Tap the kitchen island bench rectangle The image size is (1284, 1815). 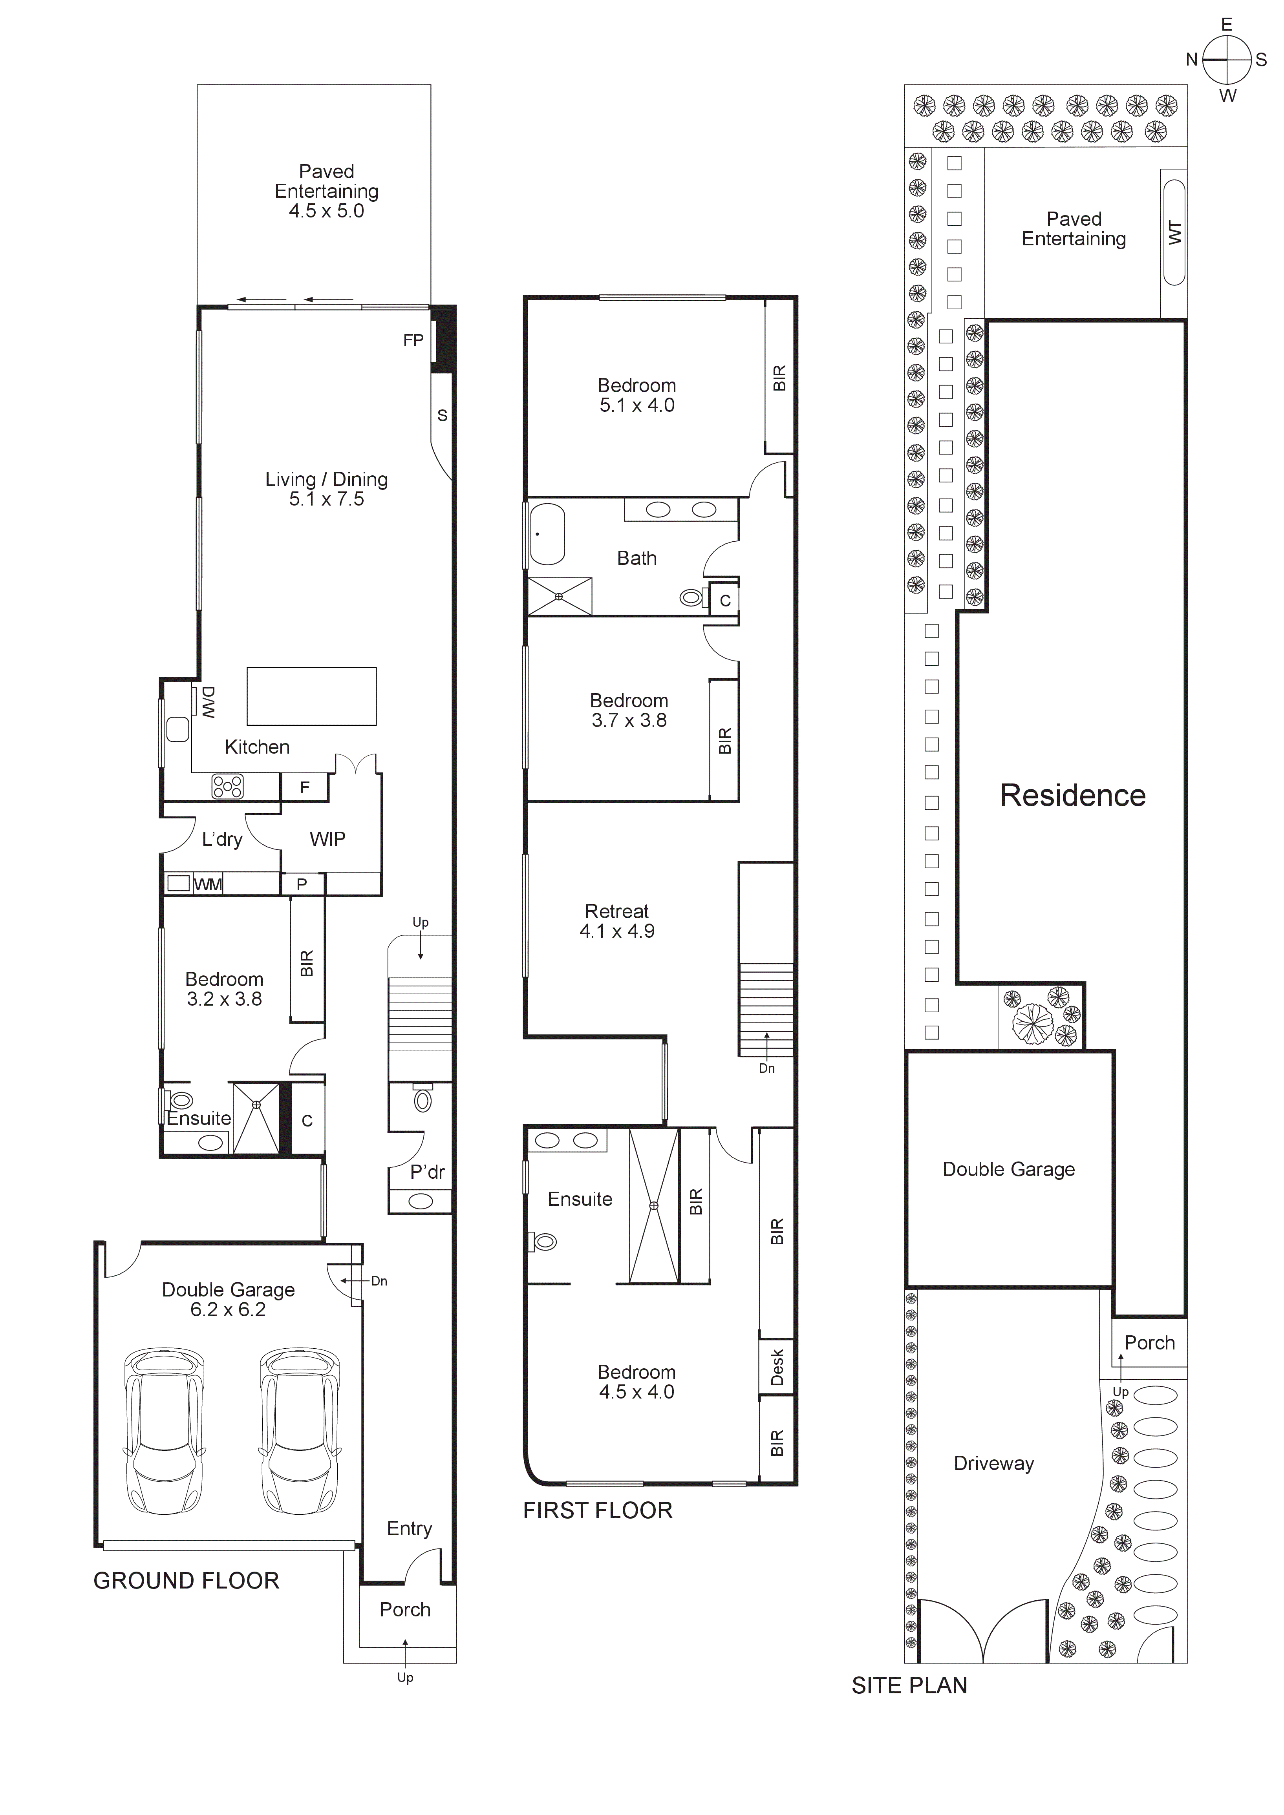tap(311, 696)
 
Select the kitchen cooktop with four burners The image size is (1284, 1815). tap(227, 787)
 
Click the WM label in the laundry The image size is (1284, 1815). tap(208, 885)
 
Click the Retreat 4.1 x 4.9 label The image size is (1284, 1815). tap(617, 921)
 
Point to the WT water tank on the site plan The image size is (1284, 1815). tap(1174, 232)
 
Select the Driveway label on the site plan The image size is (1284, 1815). tap(994, 1463)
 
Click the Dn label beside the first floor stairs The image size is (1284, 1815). tap(766, 1068)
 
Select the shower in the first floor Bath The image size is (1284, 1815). tap(559, 596)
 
